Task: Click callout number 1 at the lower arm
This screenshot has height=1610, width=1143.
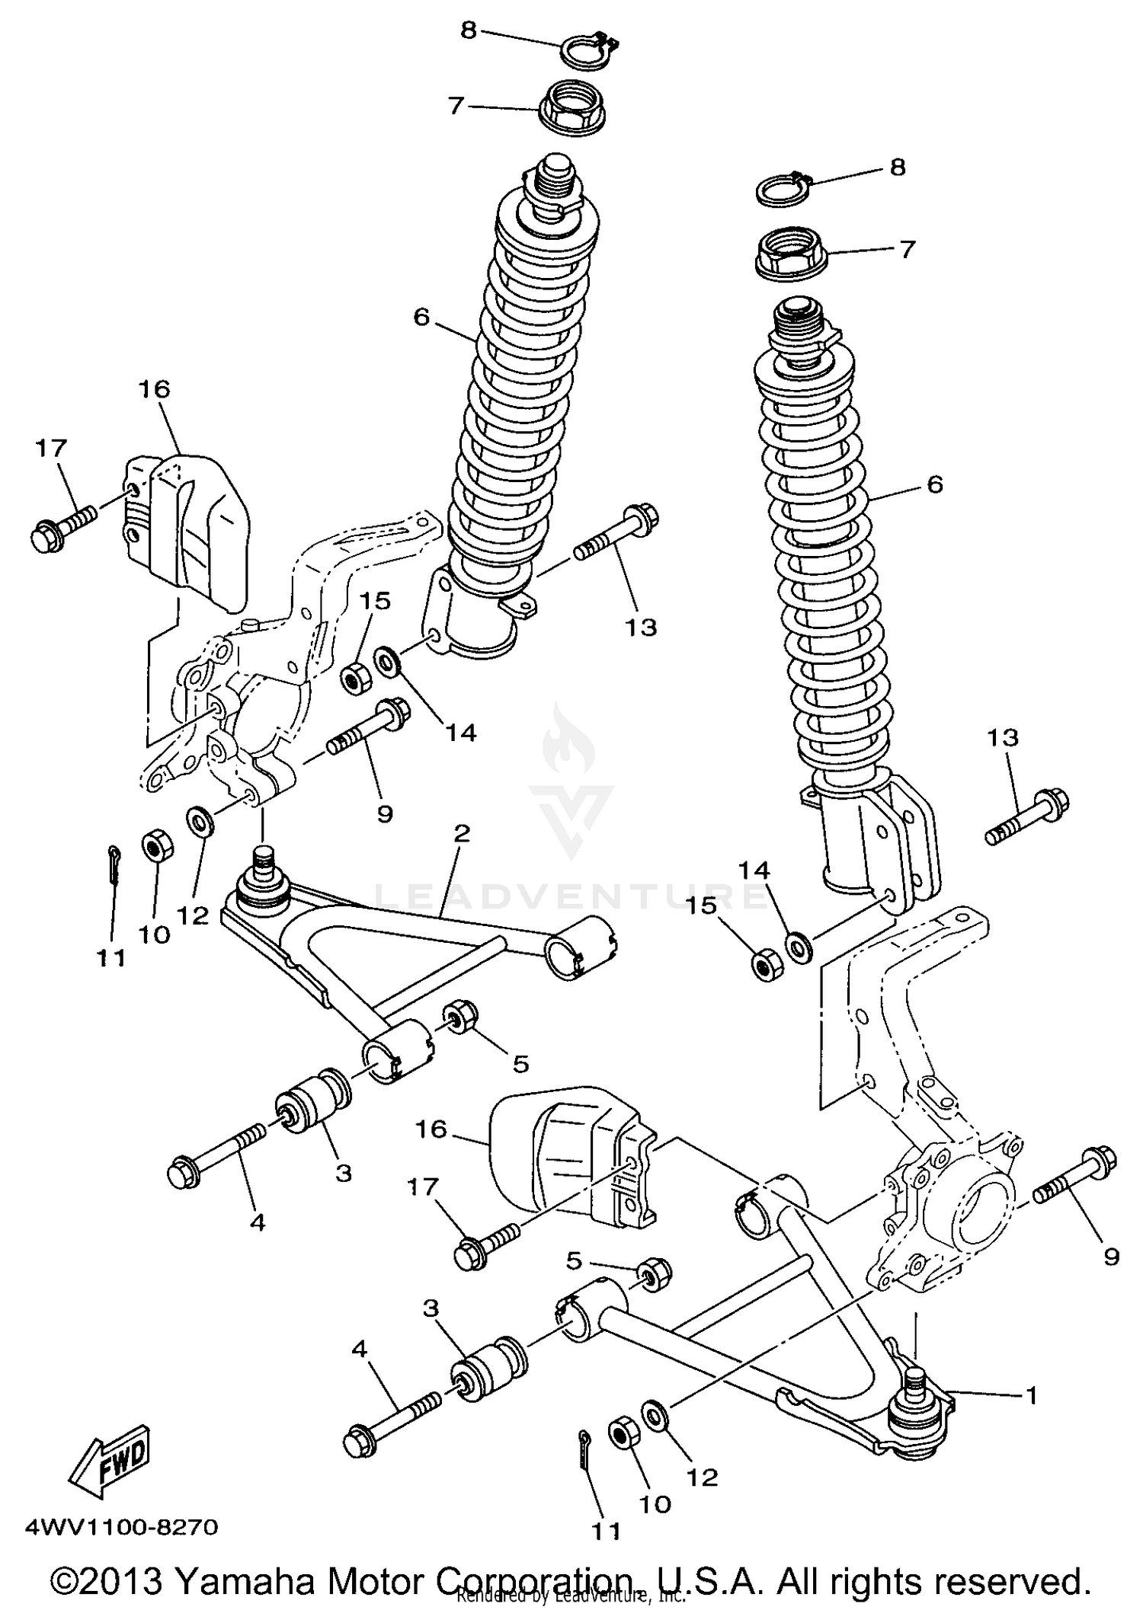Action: [1032, 1395]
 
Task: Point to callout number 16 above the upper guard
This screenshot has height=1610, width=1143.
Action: [154, 389]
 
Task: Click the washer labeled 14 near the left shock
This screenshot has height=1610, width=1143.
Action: [387, 660]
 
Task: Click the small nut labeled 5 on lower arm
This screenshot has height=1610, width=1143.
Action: [654, 1273]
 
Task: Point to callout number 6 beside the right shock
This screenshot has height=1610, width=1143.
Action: [935, 484]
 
